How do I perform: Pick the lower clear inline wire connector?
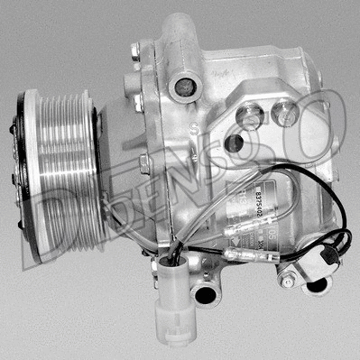[x=241, y=257]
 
